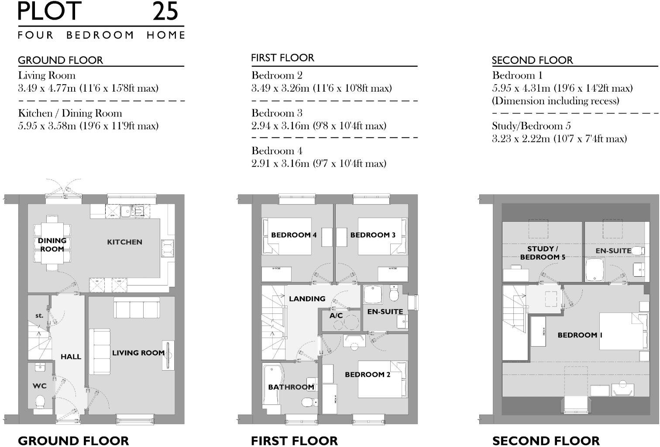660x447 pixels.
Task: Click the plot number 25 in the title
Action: click(165, 11)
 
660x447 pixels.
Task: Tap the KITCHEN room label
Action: click(124, 242)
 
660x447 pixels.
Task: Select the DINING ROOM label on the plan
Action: click(52, 245)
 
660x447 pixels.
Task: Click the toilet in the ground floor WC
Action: click(41, 401)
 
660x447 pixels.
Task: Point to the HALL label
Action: click(71, 357)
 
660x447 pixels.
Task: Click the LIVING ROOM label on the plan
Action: click(138, 353)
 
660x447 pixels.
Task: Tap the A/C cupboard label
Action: click(336, 316)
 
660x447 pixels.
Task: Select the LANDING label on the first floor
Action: click(307, 299)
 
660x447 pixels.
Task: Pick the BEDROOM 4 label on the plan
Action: click(294, 235)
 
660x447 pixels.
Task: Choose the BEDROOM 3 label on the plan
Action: click(373, 235)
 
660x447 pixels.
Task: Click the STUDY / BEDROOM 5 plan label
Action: click(543, 253)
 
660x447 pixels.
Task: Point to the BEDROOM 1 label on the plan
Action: click(580, 335)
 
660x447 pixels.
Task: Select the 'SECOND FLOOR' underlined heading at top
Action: click(532, 60)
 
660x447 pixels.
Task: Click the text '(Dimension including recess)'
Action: click(555, 101)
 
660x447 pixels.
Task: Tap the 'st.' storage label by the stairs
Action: click(39, 315)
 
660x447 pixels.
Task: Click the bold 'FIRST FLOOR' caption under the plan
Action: click(294, 440)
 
